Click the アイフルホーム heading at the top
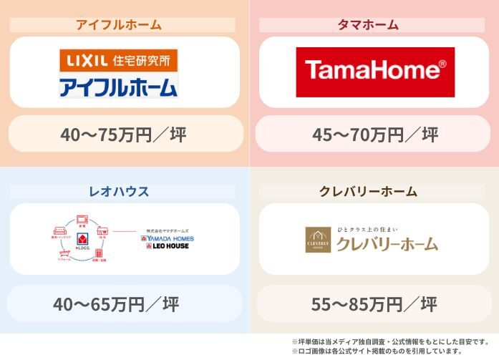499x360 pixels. pyautogui.click(x=119, y=25)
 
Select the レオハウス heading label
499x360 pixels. pyautogui.click(x=119, y=192)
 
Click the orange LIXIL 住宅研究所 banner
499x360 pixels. pyautogui.click(x=118, y=59)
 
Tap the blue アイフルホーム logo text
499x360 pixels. pyautogui.click(x=118, y=87)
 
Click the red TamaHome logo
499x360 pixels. pyautogui.click(x=375, y=72)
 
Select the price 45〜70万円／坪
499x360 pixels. pyautogui.click(x=375, y=134)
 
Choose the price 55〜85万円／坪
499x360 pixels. pyautogui.click(x=374, y=304)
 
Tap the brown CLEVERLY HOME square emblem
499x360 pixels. pyautogui.click(x=318, y=240)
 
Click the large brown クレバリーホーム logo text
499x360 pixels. pyautogui.click(x=387, y=244)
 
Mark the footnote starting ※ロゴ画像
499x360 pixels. pyautogui.click(x=377, y=351)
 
